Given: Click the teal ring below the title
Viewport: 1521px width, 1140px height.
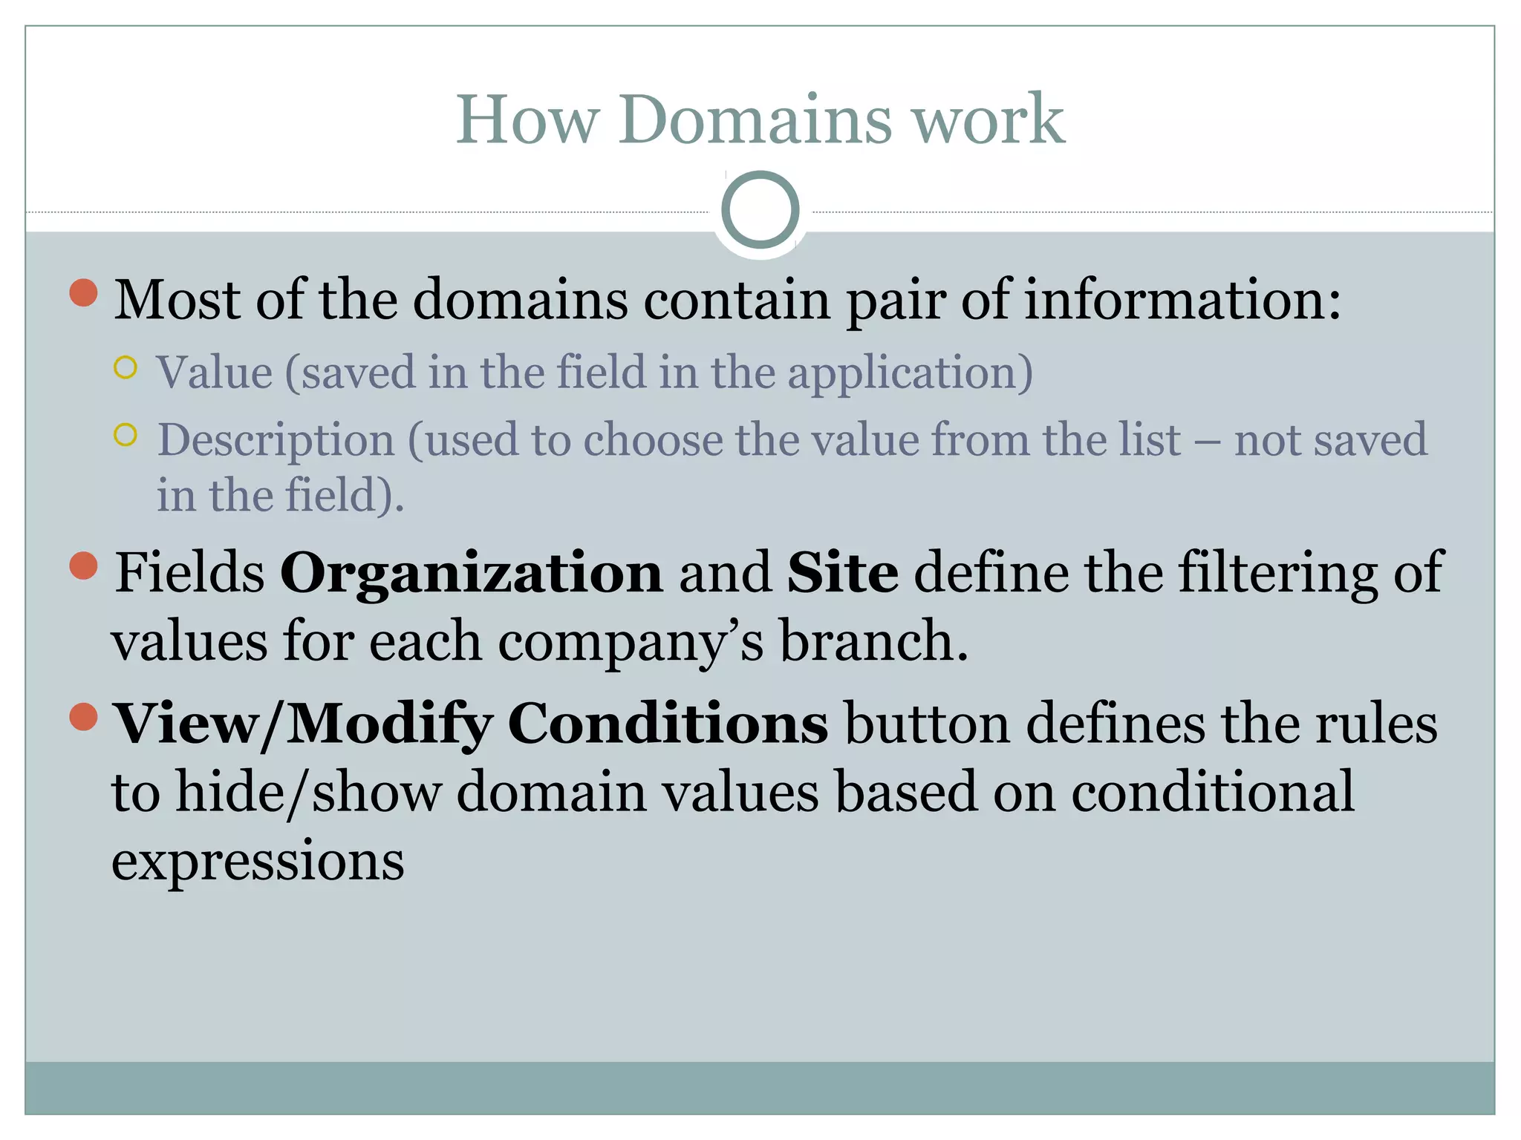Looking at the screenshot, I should tap(760, 209).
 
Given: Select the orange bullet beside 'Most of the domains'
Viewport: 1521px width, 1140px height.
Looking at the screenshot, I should tap(84, 292).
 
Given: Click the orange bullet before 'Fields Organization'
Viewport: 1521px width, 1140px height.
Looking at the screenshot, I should tap(84, 566).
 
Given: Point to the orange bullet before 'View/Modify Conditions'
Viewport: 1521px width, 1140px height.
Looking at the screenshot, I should tap(84, 716).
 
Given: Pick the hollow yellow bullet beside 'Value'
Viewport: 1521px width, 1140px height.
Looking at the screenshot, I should tap(126, 367).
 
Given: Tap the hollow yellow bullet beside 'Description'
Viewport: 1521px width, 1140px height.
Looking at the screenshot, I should tap(126, 435).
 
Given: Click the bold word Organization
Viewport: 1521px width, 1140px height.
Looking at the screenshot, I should tap(471, 573).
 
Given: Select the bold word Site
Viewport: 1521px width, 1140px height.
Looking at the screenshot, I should tap(842, 573).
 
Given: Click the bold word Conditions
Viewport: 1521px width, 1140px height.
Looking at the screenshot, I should tap(668, 724).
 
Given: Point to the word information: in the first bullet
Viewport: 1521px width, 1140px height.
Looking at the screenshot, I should tap(1183, 300).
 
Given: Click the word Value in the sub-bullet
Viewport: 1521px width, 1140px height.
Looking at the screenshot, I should tap(214, 372).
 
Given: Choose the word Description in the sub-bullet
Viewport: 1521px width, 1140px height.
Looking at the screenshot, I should tap(276, 439).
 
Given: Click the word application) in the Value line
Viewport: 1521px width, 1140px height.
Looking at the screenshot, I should tap(910, 372).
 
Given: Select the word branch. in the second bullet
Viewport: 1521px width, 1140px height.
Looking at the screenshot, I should tap(873, 641).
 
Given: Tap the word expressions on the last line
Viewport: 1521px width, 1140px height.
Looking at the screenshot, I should tap(258, 861).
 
